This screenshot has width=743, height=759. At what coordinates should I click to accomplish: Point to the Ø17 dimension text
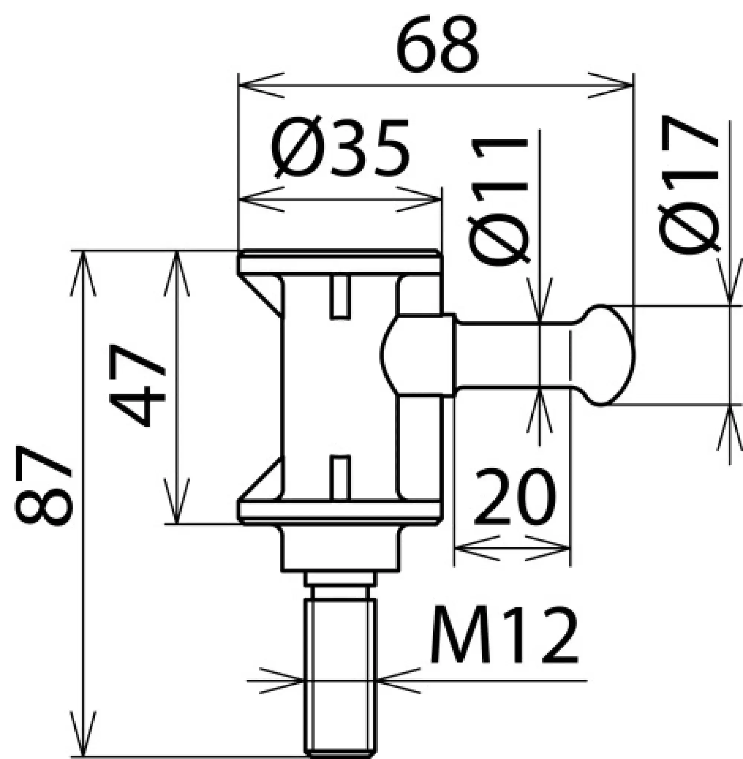point(688,184)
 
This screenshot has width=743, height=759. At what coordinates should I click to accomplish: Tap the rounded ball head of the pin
point(609,355)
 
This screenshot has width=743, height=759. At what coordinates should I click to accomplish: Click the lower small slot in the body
point(340,478)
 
